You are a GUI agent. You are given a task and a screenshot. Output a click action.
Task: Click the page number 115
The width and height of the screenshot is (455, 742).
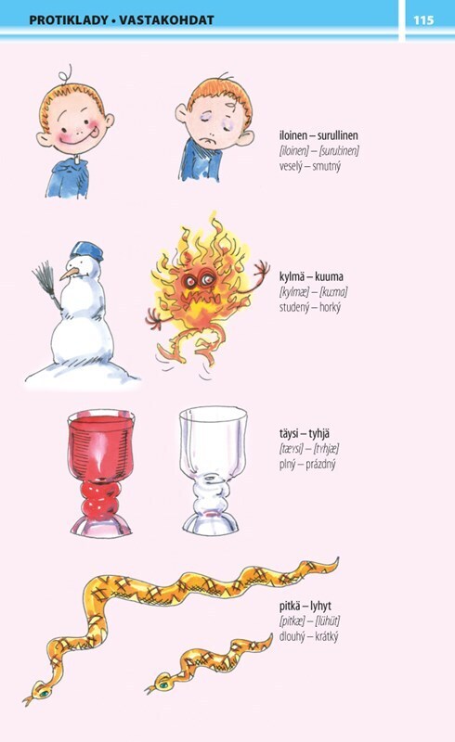pyautogui.click(x=423, y=19)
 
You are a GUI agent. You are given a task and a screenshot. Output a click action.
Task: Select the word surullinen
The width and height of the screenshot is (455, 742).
pyautogui.click(x=338, y=135)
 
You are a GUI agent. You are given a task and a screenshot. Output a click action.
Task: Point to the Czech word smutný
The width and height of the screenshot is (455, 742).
pyautogui.click(x=327, y=167)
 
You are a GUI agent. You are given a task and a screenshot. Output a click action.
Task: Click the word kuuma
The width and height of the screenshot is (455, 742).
pyautogui.click(x=329, y=276)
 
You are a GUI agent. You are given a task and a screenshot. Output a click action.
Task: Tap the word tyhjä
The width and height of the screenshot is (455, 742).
pyautogui.click(x=319, y=433)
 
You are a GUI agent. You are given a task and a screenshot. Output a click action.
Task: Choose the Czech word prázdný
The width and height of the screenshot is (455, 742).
pyautogui.click(x=320, y=465)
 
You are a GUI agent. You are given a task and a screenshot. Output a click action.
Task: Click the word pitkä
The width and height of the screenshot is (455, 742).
pyautogui.click(x=289, y=606)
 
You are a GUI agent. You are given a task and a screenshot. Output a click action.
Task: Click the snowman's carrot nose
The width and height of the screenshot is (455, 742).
pyautogui.click(x=70, y=274)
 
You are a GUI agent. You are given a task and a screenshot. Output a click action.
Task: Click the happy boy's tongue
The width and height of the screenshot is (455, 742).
pyautogui.click(x=95, y=134)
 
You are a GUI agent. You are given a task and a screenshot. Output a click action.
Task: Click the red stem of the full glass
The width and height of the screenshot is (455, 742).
pyautogui.click(x=99, y=499)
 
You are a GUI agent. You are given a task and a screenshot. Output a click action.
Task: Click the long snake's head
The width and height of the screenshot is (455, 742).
pyautogui.click(x=39, y=693)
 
